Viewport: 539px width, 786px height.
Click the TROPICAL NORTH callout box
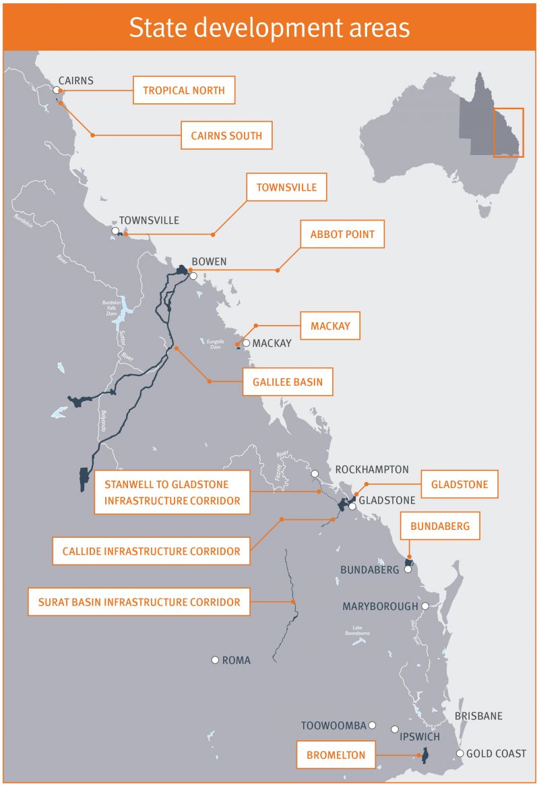tap(184, 90)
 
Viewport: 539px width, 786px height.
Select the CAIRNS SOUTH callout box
tap(226, 135)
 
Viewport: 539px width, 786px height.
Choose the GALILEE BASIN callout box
tap(288, 382)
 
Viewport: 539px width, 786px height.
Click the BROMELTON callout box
tap(336, 755)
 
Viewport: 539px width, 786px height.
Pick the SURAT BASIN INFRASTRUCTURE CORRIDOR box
tap(139, 602)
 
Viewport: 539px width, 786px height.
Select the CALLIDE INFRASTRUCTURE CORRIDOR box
tap(151, 551)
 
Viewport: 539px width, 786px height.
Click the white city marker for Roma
tap(215, 660)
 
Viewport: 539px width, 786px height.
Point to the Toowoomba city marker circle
tap(373, 726)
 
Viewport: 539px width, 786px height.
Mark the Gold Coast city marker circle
tap(460, 754)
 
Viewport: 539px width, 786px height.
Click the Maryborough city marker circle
tap(425, 606)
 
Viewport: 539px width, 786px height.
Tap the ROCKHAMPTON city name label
tap(372, 469)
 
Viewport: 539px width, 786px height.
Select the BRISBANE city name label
tap(478, 716)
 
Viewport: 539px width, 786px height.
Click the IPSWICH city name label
tap(420, 736)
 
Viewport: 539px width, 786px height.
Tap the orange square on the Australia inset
tap(508, 132)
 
